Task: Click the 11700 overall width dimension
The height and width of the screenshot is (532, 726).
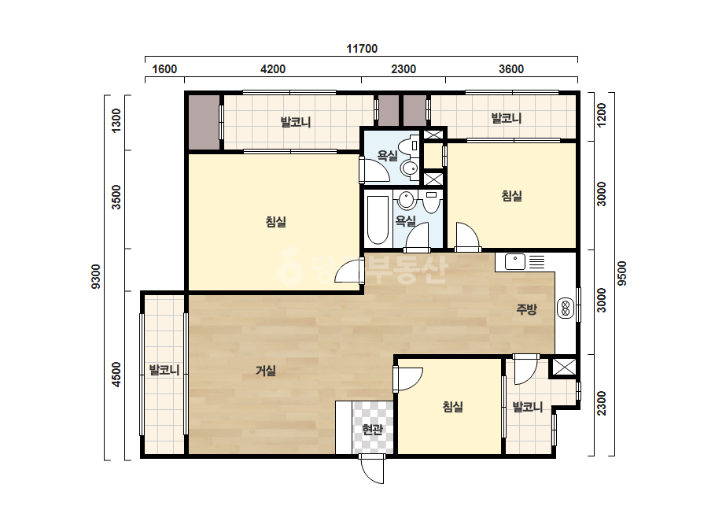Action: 362,49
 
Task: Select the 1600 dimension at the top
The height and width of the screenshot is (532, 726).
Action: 164,69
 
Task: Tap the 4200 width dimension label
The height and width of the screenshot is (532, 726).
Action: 273,69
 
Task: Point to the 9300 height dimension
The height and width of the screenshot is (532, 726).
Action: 96,277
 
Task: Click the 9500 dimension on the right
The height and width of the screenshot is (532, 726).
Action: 622,273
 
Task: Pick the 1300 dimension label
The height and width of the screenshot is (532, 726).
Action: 116,120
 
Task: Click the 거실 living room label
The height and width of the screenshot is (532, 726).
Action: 266,371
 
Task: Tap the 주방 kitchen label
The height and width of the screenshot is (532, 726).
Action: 526,309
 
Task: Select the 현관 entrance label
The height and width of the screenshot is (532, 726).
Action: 372,430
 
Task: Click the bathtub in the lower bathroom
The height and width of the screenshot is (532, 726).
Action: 378,220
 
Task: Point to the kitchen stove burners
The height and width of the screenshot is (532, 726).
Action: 565,308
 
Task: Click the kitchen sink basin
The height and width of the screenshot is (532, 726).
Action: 514,261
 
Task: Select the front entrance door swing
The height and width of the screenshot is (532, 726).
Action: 372,470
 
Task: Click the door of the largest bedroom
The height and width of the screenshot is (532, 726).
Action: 348,271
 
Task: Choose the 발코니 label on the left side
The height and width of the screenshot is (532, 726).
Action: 164,370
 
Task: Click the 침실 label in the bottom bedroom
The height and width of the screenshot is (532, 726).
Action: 453,407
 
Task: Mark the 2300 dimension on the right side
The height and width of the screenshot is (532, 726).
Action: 602,404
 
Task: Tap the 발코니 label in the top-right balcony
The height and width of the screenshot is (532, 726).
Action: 506,118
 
